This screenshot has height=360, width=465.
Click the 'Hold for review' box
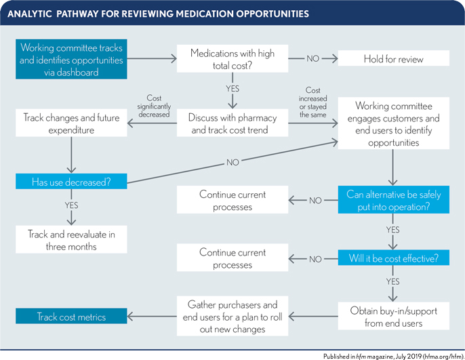391,59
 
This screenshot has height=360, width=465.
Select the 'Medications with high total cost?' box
232,59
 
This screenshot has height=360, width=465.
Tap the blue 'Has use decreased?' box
70,182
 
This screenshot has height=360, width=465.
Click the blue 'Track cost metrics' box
70,316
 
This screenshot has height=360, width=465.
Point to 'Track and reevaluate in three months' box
70,240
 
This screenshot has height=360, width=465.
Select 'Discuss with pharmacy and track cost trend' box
232,124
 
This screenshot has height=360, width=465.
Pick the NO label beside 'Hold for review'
312,59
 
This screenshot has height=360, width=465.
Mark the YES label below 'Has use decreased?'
70,204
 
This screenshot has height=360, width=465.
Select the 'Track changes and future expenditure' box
70,124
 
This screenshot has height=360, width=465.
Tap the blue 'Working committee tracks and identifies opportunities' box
71,59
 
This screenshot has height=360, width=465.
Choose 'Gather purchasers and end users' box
232,316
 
